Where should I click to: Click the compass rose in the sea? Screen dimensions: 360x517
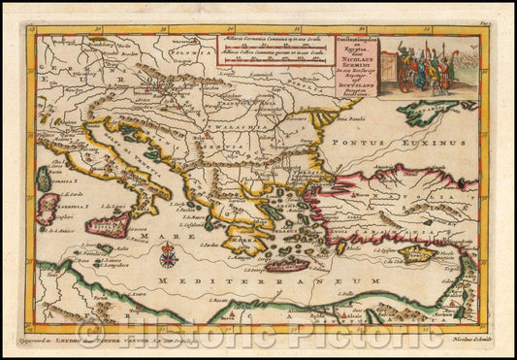167,256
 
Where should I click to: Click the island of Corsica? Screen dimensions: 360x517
44,179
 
